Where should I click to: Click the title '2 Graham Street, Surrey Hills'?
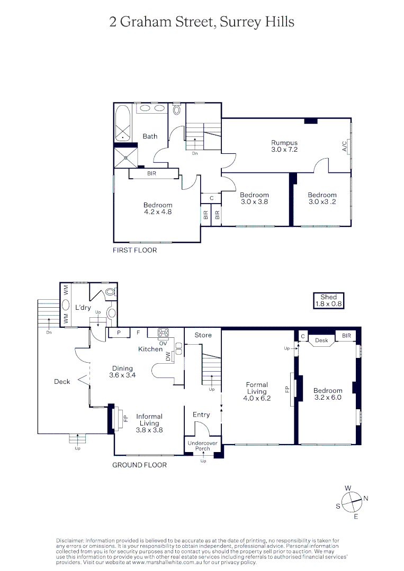tap(202, 22)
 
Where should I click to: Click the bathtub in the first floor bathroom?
tap(123, 123)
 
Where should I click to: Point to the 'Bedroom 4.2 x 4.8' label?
tap(157, 208)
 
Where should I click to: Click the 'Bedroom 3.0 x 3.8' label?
tap(254, 198)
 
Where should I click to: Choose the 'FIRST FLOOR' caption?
tap(134, 250)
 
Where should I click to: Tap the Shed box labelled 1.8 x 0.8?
tap(328, 300)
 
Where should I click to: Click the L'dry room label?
tap(84, 307)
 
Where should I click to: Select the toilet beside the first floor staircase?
tap(177, 109)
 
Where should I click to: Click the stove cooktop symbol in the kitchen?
tap(163, 333)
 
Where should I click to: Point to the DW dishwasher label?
tap(168, 357)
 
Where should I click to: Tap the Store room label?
tap(203, 335)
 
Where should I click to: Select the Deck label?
tap(62, 381)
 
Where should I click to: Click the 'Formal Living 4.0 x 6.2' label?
tap(257, 392)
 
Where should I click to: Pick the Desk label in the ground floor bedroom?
tap(321, 340)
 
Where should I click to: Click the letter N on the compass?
tap(365, 498)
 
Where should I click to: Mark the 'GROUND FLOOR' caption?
tap(139, 465)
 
